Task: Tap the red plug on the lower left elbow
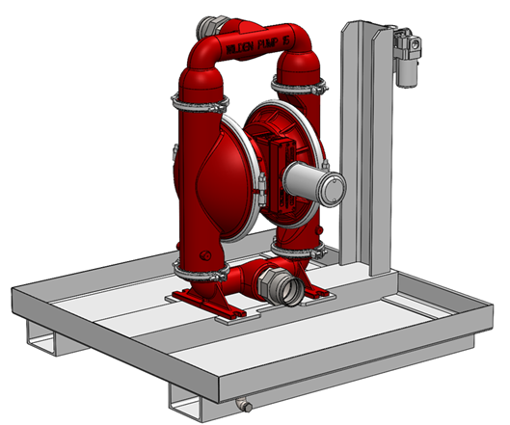pyautogui.click(x=205, y=252)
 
